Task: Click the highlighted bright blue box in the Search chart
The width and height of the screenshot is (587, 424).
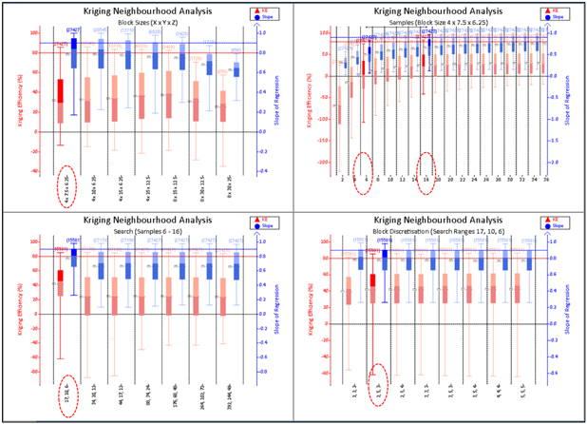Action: [x=73, y=258]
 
